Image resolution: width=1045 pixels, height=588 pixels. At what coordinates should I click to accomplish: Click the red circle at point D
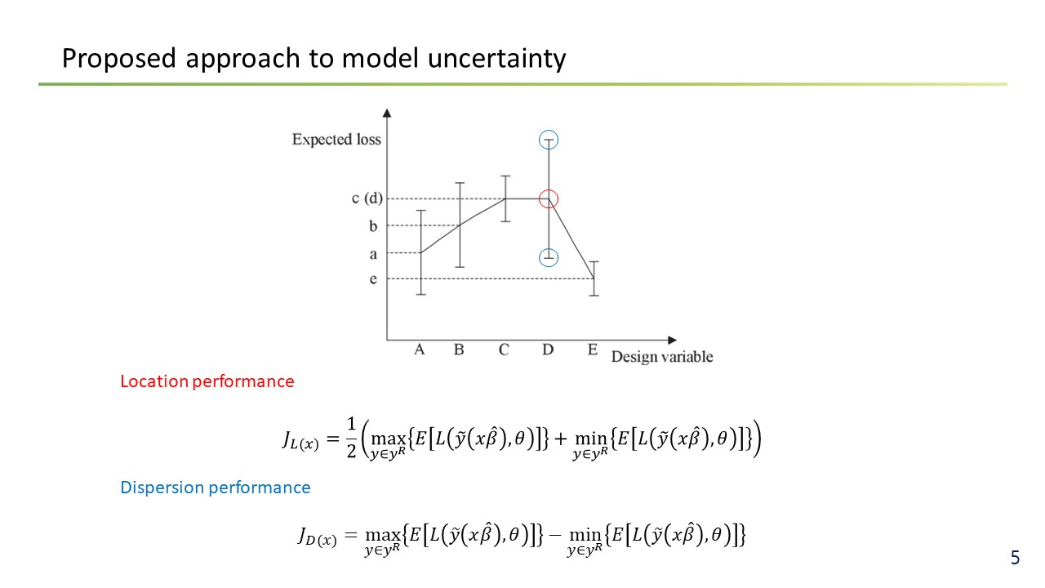click(540, 199)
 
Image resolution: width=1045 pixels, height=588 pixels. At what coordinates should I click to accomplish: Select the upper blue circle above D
click(540, 140)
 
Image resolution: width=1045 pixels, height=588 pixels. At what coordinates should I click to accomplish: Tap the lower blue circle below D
click(540, 257)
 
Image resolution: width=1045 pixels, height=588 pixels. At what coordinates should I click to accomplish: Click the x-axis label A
click(420, 350)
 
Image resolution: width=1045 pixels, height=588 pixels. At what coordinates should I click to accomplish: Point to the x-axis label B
click(459, 350)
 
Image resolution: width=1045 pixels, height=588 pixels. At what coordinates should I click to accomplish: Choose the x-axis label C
click(504, 350)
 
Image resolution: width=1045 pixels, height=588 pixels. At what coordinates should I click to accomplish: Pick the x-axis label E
click(593, 350)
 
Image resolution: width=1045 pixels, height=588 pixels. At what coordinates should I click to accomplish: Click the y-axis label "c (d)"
click(367, 198)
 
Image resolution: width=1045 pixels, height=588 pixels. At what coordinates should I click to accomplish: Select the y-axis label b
click(373, 226)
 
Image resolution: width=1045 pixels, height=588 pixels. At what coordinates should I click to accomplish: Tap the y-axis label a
click(373, 255)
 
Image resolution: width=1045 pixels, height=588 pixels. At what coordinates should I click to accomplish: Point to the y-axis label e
click(373, 279)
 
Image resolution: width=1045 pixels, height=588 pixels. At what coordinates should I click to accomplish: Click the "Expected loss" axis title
click(336, 140)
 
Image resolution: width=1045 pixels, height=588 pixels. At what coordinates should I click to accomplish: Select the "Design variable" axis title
click(662, 357)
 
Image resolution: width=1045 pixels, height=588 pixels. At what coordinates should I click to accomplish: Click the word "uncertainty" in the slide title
click(496, 58)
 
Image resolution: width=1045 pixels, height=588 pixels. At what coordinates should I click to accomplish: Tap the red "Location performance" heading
click(207, 381)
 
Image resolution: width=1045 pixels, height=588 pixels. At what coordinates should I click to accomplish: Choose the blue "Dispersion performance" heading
click(215, 488)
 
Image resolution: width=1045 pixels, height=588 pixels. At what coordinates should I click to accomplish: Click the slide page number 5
click(1015, 558)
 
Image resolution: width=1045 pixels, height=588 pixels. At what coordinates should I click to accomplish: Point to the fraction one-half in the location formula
click(351, 437)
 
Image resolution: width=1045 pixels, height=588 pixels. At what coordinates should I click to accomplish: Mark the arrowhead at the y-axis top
click(387, 113)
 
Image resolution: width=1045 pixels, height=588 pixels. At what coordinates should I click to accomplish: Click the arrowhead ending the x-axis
click(672, 341)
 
